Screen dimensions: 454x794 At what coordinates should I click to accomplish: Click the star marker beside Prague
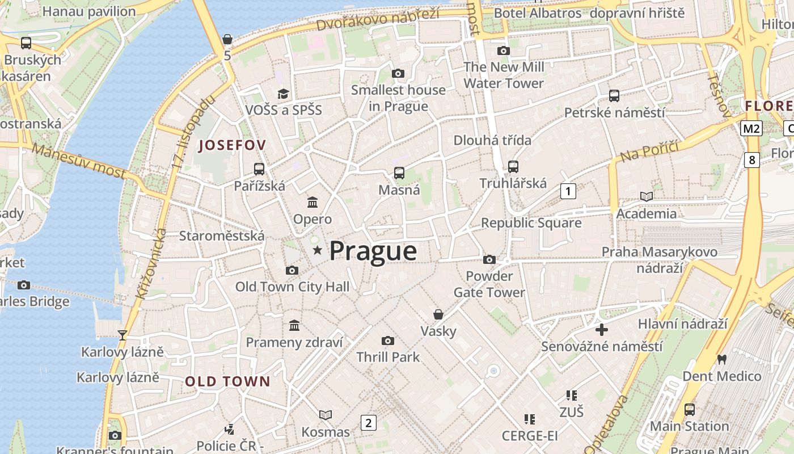(317, 250)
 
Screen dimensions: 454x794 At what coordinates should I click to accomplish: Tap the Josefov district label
(232, 145)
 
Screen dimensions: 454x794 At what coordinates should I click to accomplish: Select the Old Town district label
(228, 381)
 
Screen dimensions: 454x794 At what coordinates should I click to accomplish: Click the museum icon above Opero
(312, 202)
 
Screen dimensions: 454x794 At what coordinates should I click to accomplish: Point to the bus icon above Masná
(399, 173)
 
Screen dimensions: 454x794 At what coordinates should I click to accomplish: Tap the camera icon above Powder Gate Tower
(489, 260)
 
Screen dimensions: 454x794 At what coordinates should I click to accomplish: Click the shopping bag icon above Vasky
(438, 314)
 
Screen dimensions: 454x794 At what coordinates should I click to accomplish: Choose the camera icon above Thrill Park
(388, 340)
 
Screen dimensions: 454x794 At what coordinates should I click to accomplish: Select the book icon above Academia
(646, 196)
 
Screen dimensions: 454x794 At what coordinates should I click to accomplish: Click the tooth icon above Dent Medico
(721, 359)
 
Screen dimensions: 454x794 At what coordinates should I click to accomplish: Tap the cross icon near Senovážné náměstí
(602, 329)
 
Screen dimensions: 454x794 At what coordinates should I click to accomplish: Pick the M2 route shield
(751, 129)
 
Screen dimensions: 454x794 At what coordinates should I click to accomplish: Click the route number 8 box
(752, 160)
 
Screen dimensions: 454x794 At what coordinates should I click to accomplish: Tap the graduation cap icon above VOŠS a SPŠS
(283, 94)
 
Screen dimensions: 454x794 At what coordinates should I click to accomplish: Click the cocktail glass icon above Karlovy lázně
(122, 335)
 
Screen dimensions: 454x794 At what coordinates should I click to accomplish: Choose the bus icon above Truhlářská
(513, 166)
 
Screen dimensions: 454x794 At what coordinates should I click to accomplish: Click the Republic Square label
(531, 223)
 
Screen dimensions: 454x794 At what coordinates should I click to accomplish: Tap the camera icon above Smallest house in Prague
(398, 73)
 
